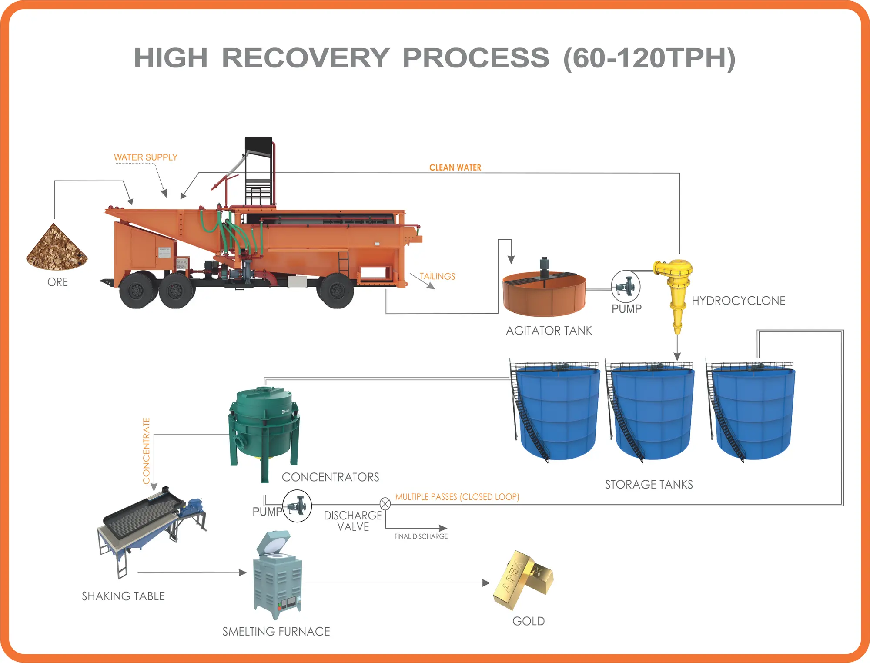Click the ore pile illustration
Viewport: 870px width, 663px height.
point(57,248)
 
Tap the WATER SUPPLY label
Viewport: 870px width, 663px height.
point(146,157)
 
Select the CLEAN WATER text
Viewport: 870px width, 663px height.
point(455,167)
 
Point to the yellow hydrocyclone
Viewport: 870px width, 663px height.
point(675,291)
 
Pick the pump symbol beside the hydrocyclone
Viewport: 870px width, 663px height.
point(626,286)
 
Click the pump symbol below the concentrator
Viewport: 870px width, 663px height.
point(297,506)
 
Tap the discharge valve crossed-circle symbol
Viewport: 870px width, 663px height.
point(385,504)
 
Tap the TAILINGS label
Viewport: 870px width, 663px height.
point(437,276)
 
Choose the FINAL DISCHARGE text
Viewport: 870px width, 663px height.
point(421,536)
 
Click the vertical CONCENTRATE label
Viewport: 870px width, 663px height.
point(146,451)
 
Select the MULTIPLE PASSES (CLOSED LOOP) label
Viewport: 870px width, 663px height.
point(457,497)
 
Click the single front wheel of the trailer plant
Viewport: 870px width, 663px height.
point(335,290)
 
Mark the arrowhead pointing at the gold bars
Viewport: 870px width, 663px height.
point(486,583)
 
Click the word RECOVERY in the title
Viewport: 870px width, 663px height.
point(306,58)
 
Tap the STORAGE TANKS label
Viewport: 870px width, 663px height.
point(649,484)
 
